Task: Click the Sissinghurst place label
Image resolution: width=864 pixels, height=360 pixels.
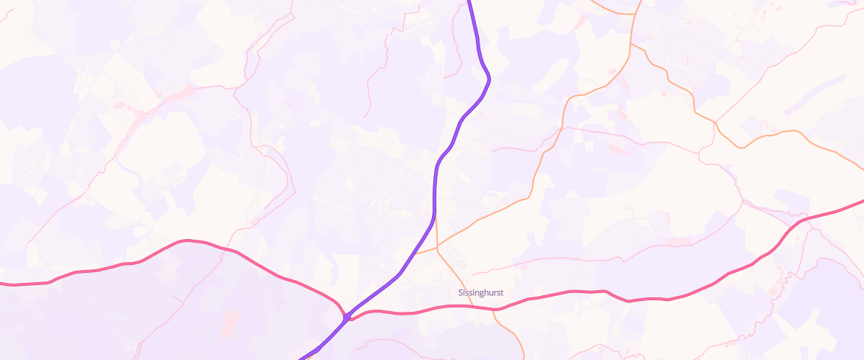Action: (480, 293)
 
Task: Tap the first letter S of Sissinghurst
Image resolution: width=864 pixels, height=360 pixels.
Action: (460, 293)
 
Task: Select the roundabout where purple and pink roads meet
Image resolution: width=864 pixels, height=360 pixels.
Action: (347, 316)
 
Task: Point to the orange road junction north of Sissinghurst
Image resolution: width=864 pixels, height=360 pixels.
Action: (437, 248)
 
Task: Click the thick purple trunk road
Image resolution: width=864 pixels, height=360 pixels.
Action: (437, 180)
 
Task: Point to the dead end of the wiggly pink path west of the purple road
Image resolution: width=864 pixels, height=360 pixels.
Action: (366, 116)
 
